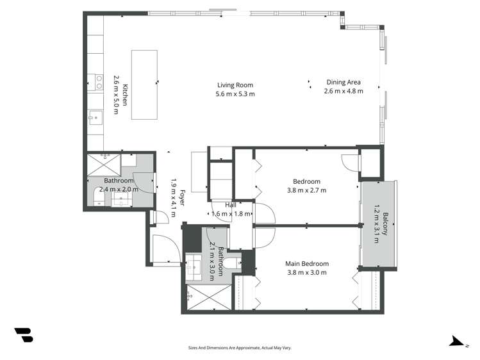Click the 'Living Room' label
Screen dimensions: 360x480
[x=235, y=85]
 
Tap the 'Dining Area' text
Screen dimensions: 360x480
[x=343, y=82]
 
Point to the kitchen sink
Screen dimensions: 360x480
[x=95, y=117]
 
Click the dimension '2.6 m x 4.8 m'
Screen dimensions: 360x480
[x=343, y=91]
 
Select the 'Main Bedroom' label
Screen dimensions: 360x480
[x=306, y=263]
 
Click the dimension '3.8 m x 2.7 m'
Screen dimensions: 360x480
[x=306, y=190]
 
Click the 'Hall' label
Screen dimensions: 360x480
[x=230, y=205]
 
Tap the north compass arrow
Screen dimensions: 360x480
[x=456, y=340]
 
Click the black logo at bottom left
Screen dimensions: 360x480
[x=23, y=334]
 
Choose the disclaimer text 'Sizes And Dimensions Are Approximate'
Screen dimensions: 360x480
[x=239, y=347]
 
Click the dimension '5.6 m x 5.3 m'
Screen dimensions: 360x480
[x=235, y=94]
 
